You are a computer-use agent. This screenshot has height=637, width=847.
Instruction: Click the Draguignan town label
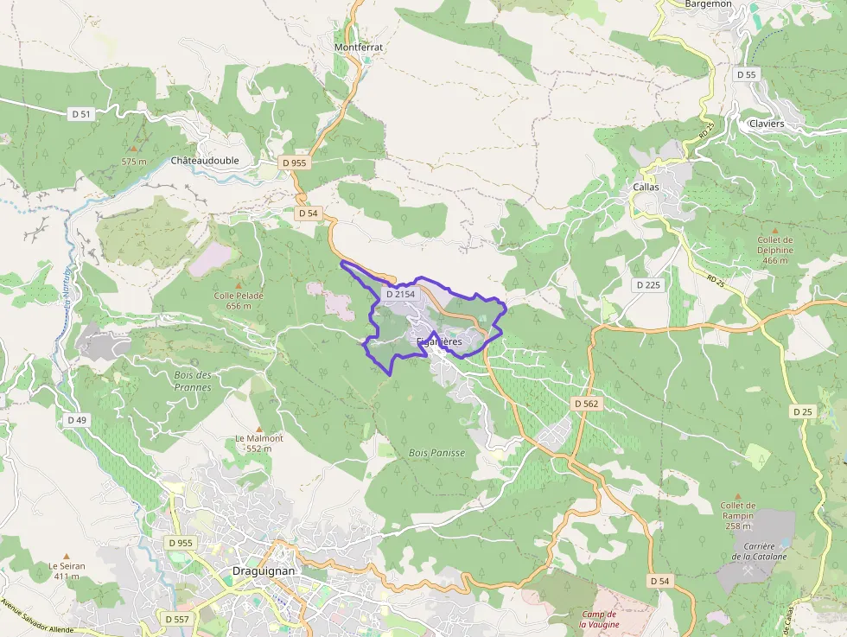(264, 571)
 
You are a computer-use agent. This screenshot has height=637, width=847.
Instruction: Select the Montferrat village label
(358, 47)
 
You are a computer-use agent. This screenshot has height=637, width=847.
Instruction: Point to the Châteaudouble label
(204, 161)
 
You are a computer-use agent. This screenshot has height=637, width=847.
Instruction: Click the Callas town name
(646, 187)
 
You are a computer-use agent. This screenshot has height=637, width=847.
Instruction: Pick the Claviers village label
(767, 124)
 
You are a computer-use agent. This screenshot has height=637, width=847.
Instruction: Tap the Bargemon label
(708, 4)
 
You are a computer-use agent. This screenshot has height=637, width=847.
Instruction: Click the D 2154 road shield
(400, 294)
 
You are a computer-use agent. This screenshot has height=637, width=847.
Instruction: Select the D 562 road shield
(585, 404)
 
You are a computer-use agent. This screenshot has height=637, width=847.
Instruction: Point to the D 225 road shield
(647, 284)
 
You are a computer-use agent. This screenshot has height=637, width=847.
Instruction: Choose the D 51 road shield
(80, 113)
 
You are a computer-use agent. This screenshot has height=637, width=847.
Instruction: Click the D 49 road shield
(77, 420)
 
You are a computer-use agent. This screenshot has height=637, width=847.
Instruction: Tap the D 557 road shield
(176, 619)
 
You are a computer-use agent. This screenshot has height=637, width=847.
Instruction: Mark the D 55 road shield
(746, 75)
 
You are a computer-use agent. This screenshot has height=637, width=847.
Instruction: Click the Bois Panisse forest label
(436, 453)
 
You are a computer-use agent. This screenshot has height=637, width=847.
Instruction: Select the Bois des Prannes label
(192, 381)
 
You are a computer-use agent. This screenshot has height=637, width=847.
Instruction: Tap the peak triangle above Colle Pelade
(240, 284)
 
